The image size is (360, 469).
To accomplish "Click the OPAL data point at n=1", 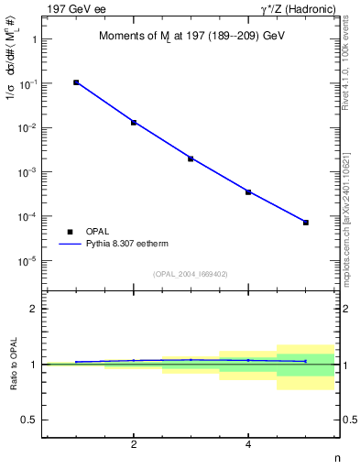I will click(x=76, y=82).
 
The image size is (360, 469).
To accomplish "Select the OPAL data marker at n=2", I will click(x=134, y=122).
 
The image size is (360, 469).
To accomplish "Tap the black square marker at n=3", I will click(x=191, y=158).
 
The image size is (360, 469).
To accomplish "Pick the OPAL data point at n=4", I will click(x=248, y=191).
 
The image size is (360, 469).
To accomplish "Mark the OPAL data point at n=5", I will click(x=306, y=223).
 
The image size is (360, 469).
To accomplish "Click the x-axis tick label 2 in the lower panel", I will click(x=134, y=445).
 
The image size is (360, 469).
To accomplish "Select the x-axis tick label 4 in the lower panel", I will click(x=248, y=445).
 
